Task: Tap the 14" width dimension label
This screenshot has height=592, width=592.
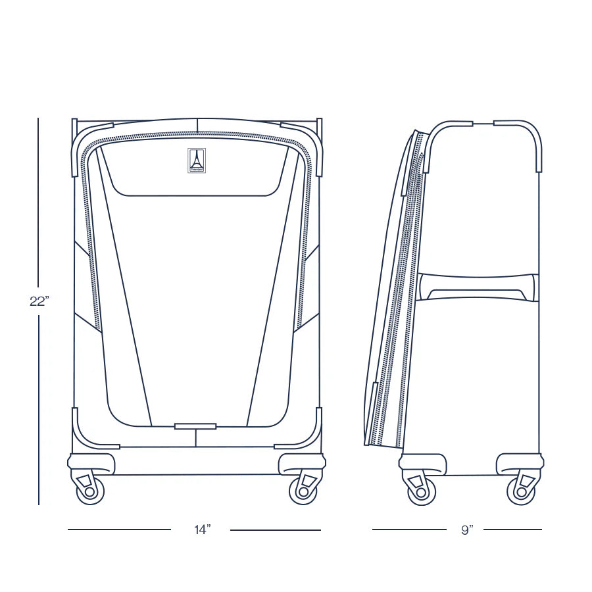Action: coord(202,530)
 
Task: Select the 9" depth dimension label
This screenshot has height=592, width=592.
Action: coord(467,530)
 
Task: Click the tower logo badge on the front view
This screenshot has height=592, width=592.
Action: coord(197,160)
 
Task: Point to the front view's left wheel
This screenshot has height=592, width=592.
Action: coord(90,491)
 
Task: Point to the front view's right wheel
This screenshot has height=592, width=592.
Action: coord(303,491)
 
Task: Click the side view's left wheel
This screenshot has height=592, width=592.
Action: coord(422,491)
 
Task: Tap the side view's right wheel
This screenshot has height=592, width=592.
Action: coord(521,491)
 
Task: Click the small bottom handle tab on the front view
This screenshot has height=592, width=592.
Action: coord(195,426)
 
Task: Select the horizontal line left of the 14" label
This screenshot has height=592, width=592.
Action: coord(119,530)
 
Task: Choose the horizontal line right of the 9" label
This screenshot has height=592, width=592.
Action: coord(519,530)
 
